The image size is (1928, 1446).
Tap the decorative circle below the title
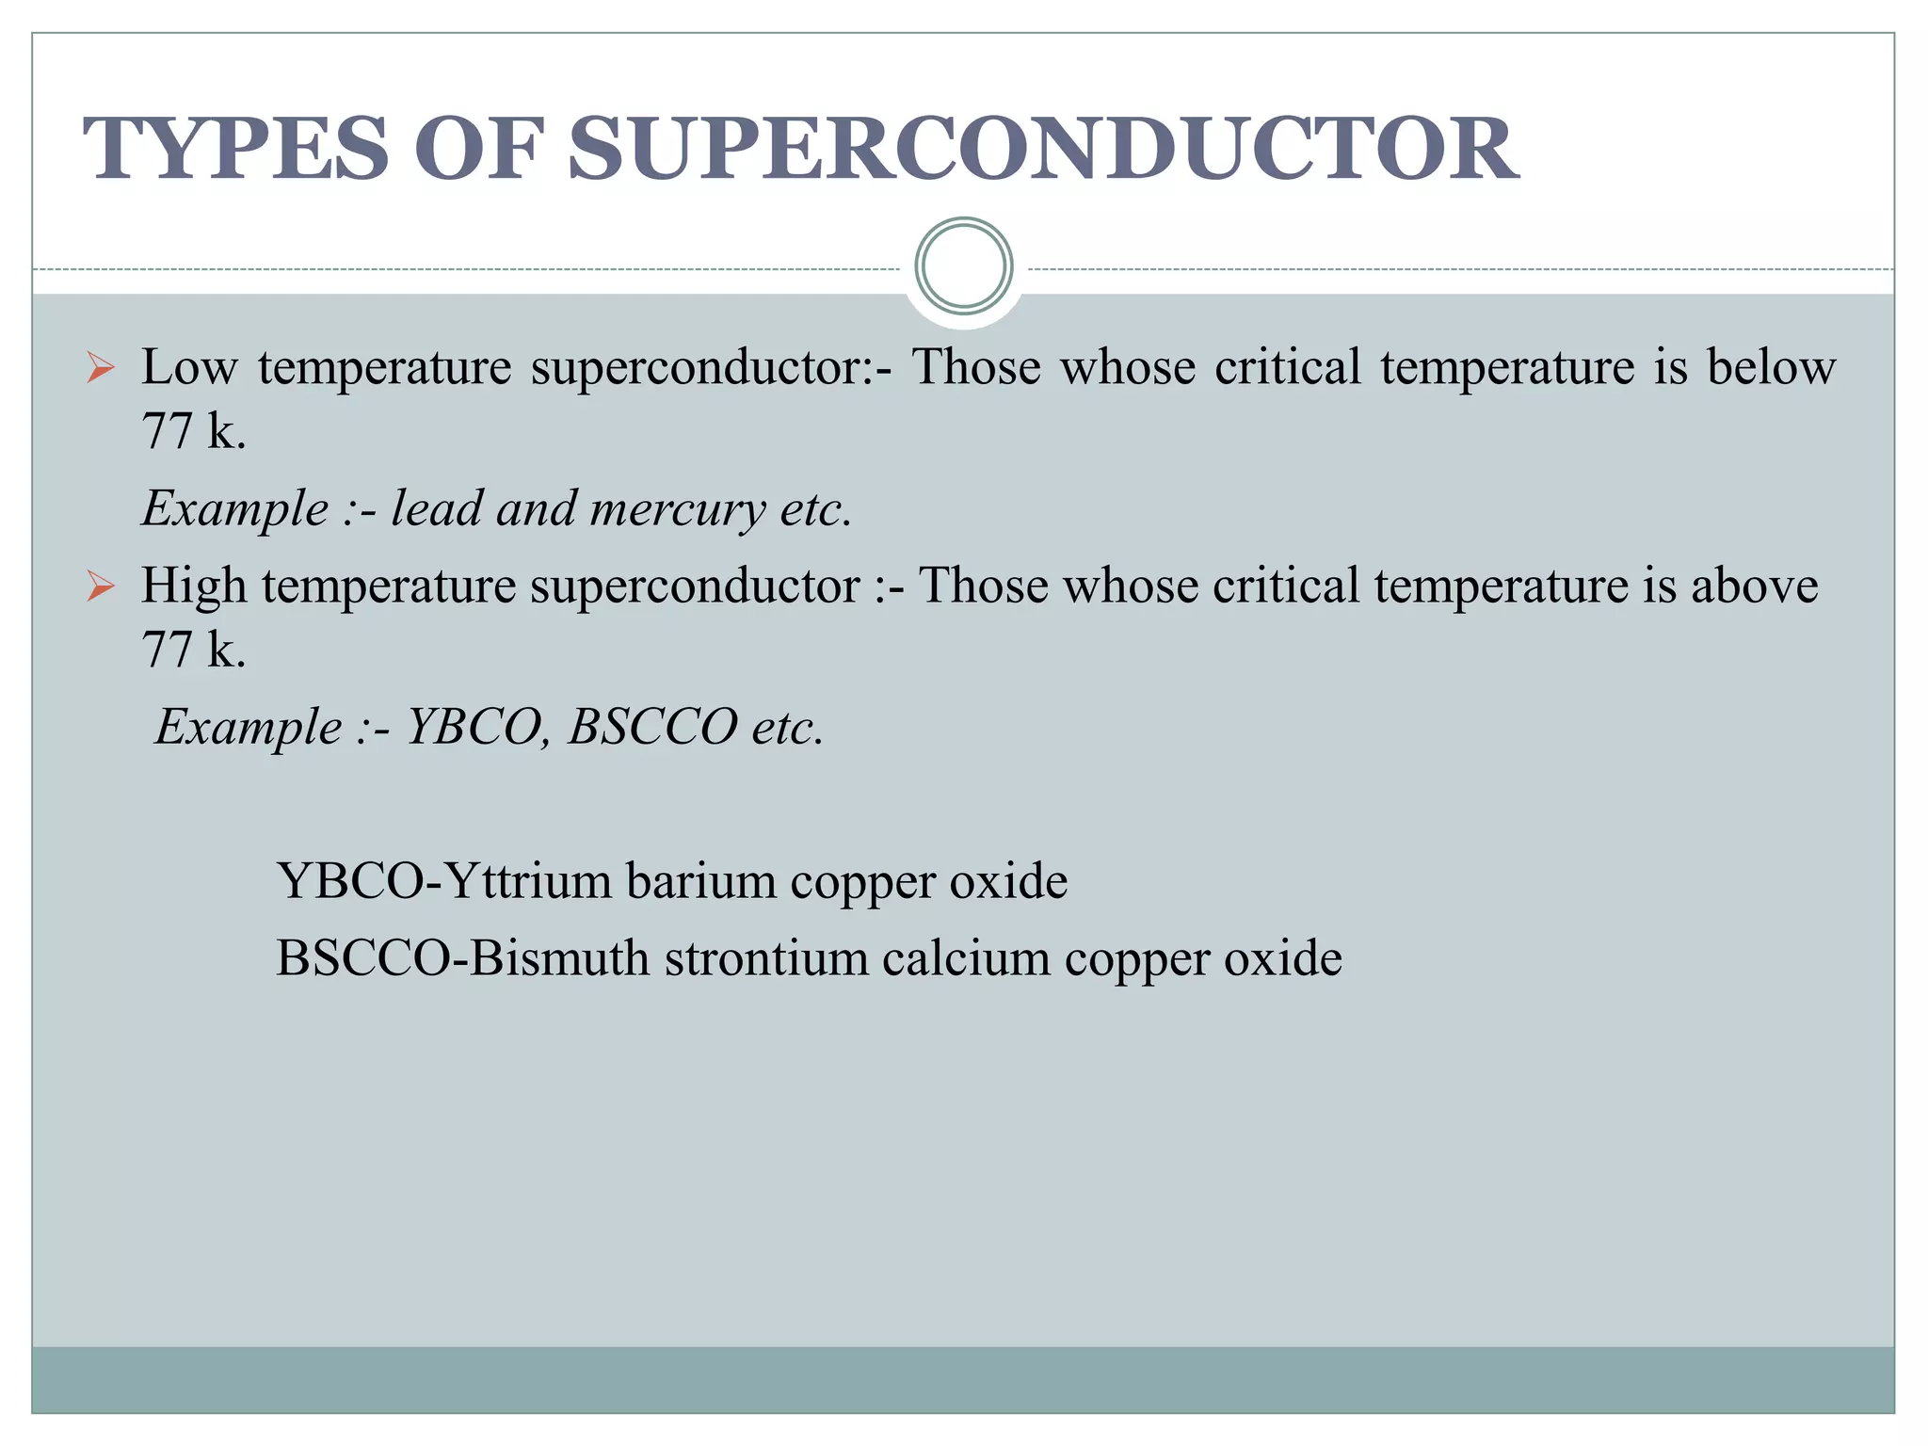tap(963, 266)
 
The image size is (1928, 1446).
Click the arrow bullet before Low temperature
tap(100, 367)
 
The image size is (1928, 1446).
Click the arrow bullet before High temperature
tap(100, 586)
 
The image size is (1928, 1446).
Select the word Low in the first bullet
tap(188, 367)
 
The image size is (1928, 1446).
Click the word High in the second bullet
tap(194, 586)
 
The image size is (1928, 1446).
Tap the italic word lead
tap(435, 508)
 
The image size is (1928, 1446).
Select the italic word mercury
tap(677, 510)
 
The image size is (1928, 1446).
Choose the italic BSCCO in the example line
tap(652, 727)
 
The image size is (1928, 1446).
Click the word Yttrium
tap(527, 881)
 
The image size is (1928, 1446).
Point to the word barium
tap(700, 881)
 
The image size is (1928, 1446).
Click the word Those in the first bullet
tap(976, 367)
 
